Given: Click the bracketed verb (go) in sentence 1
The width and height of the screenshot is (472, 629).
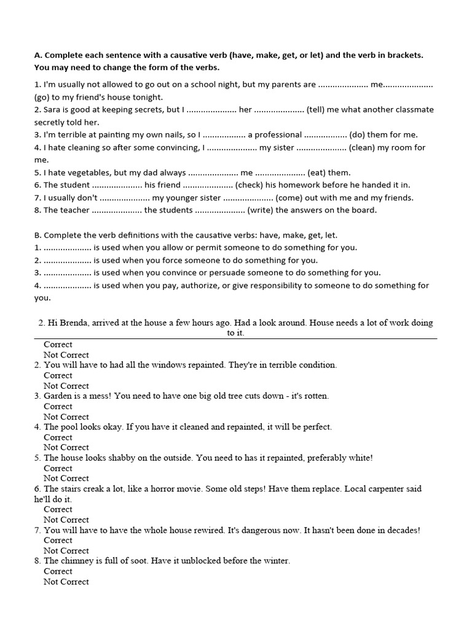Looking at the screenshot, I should (x=44, y=97).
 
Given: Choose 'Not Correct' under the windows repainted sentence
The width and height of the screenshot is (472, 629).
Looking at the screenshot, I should (x=66, y=386).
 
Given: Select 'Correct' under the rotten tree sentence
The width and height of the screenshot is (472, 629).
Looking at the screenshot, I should (x=58, y=406).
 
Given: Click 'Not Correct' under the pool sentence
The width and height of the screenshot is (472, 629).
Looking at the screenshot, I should (x=66, y=447).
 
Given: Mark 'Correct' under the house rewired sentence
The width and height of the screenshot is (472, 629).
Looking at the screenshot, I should (x=58, y=541).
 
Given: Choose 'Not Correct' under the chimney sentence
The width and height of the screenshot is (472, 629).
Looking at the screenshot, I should (x=66, y=582).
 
